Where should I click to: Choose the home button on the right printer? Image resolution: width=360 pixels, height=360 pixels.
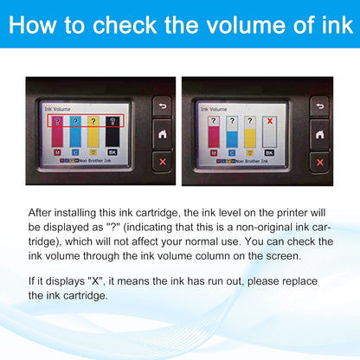click(x=321, y=133)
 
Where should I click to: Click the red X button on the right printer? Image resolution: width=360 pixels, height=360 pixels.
click(x=321, y=160)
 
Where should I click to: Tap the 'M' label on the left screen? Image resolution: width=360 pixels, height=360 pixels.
click(x=57, y=152)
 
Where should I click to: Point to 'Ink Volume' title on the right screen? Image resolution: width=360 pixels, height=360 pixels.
click(x=214, y=109)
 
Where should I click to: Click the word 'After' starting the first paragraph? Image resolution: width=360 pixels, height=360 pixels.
click(x=42, y=212)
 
